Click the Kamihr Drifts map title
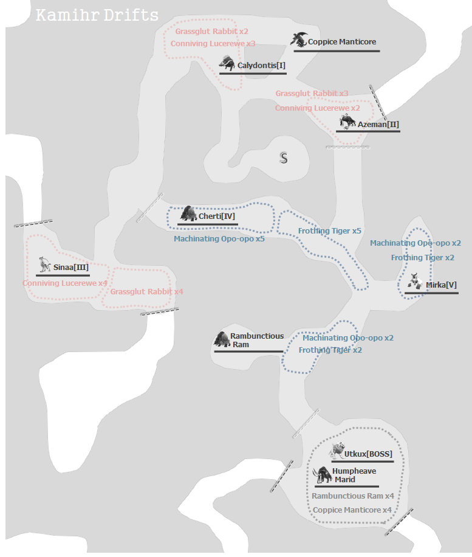[97, 15]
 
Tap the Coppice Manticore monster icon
[299, 40]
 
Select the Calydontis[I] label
[261, 65]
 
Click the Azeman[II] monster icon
[347, 122]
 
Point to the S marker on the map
[283, 158]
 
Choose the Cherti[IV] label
[216, 216]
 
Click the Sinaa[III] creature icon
[43, 265]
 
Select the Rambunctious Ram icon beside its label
[222, 339]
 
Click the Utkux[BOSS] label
[368, 454]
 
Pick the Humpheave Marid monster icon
[322, 474]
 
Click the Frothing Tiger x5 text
[329, 231]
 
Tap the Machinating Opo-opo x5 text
[219, 239]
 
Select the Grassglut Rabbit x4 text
[146, 292]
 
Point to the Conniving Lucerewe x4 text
[65, 283]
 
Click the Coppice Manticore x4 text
[352, 510]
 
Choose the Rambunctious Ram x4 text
[353, 496]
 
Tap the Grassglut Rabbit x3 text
[312, 94]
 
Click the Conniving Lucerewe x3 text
[213, 44]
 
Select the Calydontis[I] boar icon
[227, 63]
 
